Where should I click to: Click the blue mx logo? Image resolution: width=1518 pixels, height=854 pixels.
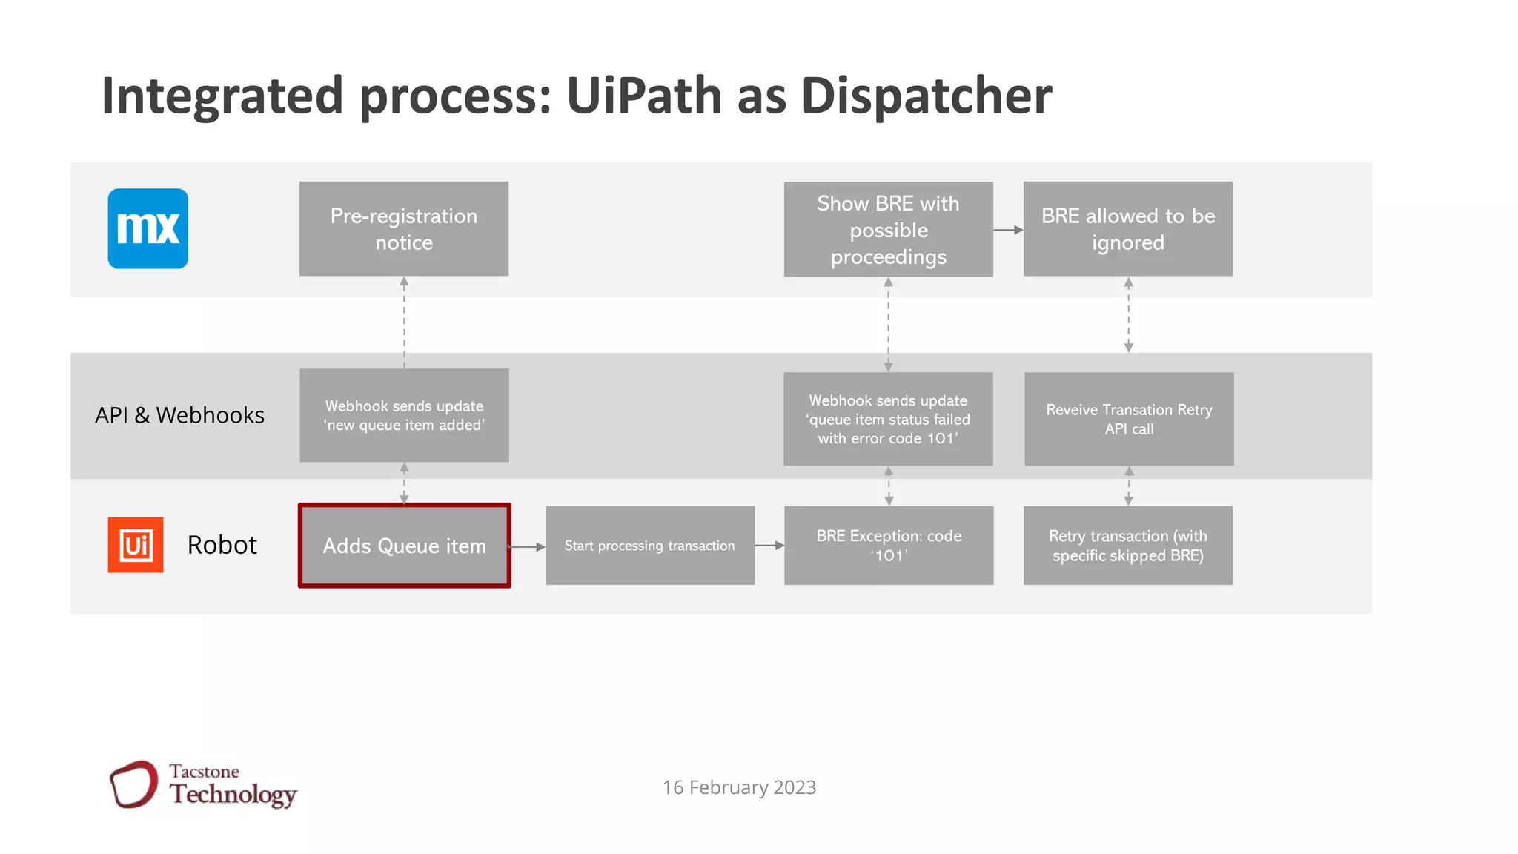pos(148,228)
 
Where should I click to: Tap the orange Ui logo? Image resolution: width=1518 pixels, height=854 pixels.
pos(136,545)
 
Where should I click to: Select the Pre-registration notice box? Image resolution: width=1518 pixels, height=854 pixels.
pos(404,228)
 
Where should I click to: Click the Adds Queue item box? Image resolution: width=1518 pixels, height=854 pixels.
pos(404,546)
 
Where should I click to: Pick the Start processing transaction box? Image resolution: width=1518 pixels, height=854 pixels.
pos(649,546)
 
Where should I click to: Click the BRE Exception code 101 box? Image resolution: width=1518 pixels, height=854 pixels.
pos(889,546)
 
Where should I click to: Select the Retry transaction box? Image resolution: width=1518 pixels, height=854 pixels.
pos(1128,546)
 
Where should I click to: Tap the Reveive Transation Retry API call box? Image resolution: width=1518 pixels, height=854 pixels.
pos(1129,419)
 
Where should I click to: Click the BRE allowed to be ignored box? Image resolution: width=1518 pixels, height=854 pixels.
pos(1128,228)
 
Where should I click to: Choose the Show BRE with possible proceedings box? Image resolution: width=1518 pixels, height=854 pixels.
pos(888,229)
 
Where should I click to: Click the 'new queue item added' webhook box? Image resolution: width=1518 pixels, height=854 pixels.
pos(404,415)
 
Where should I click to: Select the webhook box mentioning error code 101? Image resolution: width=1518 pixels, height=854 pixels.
pos(888,419)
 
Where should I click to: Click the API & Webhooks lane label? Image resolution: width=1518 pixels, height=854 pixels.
pos(179,415)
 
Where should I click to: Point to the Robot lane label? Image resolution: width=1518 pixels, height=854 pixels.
pos(222,545)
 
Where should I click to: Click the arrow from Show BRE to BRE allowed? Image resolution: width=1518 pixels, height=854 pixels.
pos(1008,230)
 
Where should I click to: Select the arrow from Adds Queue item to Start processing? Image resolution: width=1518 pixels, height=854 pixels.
pos(528,547)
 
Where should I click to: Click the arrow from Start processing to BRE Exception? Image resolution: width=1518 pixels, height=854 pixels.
pos(769,546)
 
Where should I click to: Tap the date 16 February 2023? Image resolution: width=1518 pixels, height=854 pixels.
pos(739,787)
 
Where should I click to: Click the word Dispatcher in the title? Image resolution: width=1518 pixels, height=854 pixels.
pos(927,96)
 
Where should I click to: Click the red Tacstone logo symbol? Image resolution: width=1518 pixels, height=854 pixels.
pos(134,784)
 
